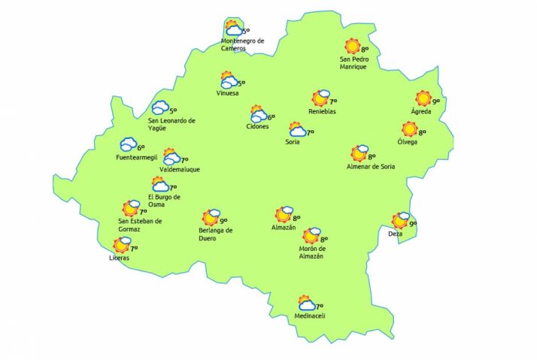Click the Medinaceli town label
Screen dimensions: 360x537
coord(309,317)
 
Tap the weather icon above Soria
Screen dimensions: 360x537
coord(297,130)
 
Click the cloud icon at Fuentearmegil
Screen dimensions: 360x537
coord(127,144)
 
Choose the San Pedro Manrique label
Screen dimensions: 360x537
coord(353,62)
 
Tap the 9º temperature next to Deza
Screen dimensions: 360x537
coord(413,223)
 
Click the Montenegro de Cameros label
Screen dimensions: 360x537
coord(243,44)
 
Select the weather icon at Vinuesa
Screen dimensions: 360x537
coord(229,80)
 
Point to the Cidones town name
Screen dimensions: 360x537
coord(258,126)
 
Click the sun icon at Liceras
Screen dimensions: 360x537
coord(120,246)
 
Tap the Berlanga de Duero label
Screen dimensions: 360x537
coord(216,234)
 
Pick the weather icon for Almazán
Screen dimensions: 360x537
coord(284,215)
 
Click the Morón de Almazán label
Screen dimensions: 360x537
coord(311,253)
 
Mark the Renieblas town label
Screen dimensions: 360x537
coord(322,112)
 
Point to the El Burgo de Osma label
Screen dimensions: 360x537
coord(165,201)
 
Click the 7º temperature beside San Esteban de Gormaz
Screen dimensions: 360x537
coord(143,212)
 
